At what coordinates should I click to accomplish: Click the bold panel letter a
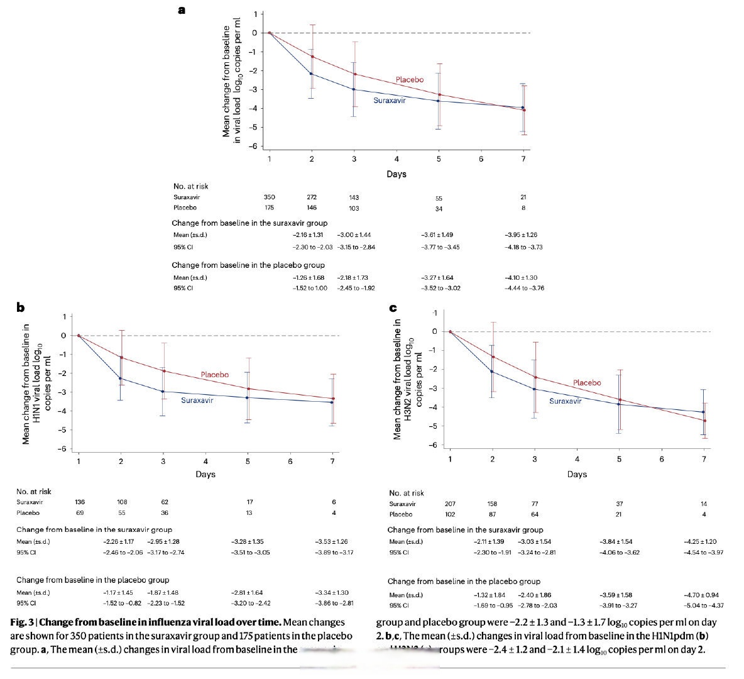coord(182,9)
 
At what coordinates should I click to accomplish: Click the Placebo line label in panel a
coord(409,80)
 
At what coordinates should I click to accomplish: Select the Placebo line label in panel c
coord(587,383)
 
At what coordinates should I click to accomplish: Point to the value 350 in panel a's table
coord(270,197)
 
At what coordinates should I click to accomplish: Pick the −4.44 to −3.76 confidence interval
coord(524,289)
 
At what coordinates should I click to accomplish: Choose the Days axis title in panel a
coord(397,174)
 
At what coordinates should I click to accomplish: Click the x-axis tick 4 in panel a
coord(397,160)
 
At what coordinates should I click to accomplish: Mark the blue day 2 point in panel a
coord(312,74)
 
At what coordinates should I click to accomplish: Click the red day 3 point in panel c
coord(535,377)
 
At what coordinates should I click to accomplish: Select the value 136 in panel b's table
coord(79,502)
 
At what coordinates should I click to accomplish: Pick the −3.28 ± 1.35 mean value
coord(248,541)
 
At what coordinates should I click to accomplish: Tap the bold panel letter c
coord(393,307)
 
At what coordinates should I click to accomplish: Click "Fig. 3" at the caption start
coord(23,622)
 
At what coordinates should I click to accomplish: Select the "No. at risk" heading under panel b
coord(34,492)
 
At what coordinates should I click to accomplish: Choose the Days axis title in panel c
coord(577,475)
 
